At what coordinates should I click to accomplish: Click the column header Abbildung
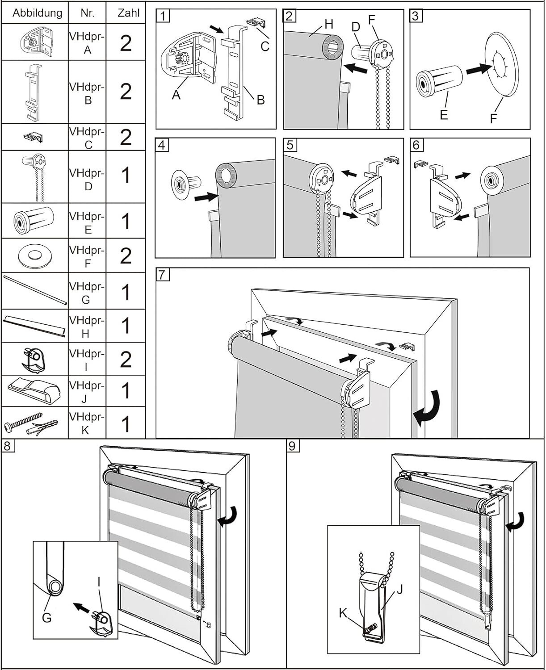pos(37,13)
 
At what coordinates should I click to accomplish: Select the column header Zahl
pos(128,13)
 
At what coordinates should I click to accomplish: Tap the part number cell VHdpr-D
pos(87,179)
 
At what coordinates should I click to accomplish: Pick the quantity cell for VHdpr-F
pos(126,256)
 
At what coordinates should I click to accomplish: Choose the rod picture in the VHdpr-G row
pos(35,290)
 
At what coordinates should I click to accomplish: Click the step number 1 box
pos(164,17)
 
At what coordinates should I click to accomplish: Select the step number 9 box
pos(293,446)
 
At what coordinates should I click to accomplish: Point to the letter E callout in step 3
pos(443,115)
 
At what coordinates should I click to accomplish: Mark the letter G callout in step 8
pos(46,618)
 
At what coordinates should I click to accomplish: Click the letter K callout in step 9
pos(343,613)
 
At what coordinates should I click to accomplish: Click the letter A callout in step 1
pos(176,94)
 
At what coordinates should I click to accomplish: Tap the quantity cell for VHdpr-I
pos(126,359)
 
